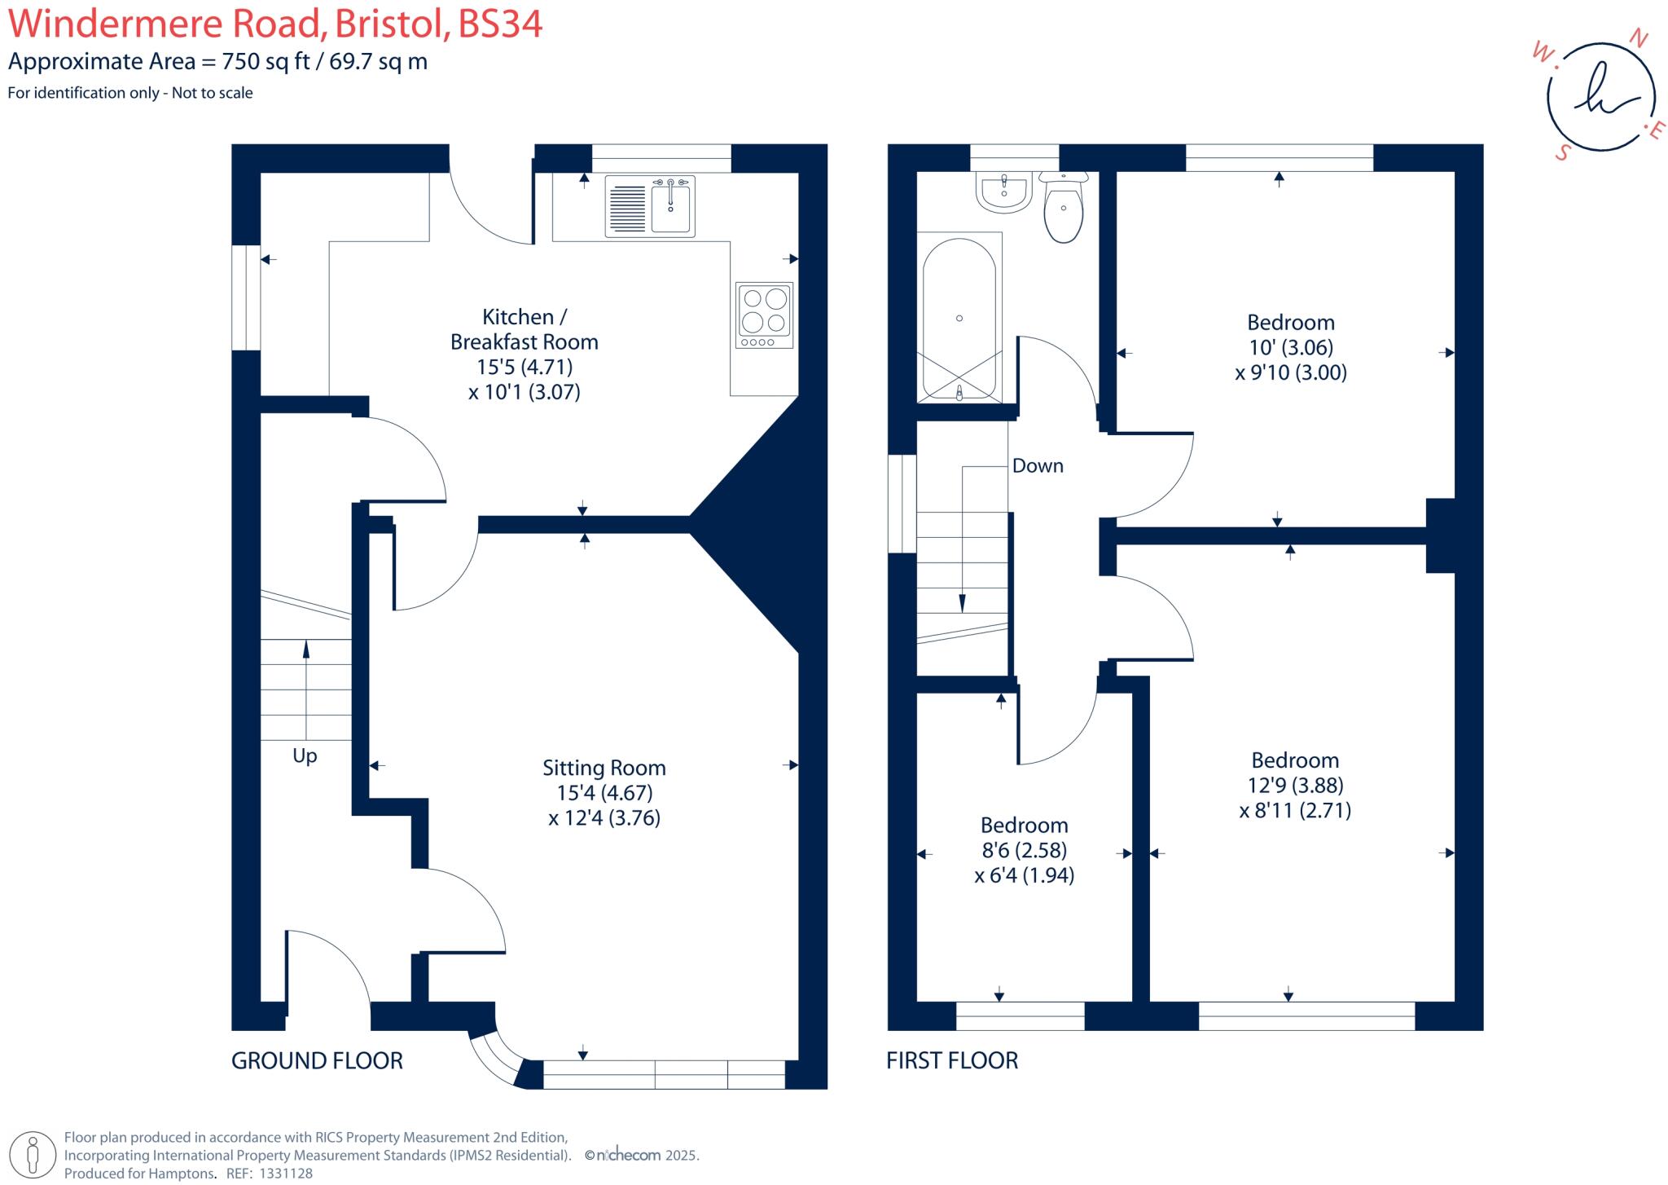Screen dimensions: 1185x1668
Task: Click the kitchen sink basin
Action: (671, 209)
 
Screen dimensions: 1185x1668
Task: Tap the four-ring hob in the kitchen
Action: (764, 315)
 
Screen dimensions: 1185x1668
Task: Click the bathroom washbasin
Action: (1004, 192)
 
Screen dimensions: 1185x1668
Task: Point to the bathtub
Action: (959, 318)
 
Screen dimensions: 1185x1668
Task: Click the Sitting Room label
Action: (604, 768)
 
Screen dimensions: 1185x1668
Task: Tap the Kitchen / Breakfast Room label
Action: (524, 329)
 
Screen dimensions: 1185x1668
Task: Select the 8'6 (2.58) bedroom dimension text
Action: (1024, 850)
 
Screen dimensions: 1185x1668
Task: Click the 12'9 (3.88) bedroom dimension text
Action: (1295, 785)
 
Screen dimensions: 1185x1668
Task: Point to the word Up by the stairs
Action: (305, 755)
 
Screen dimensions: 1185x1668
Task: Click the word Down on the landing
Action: (1038, 465)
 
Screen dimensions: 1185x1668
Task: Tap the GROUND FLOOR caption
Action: (317, 1060)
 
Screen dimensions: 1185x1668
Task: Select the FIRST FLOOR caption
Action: (952, 1060)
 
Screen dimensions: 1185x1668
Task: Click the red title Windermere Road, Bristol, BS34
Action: (275, 24)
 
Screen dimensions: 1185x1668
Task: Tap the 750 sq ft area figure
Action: (266, 62)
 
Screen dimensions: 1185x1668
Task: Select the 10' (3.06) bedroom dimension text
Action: (1290, 347)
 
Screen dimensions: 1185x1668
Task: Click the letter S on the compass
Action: (1561, 152)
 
